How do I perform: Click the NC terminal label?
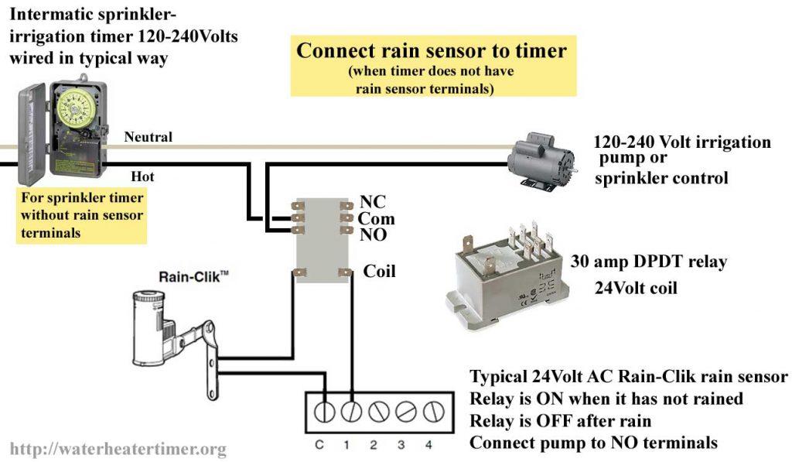[x=373, y=204]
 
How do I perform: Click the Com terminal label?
[x=376, y=220]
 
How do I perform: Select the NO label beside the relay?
[x=373, y=235]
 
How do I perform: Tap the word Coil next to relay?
[x=379, y=271]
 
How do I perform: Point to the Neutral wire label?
[x=148, y=137]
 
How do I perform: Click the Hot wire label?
[x=143, y=176]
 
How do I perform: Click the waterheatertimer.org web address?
[x=118, y=448]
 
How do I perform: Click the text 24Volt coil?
[x=635, y=288]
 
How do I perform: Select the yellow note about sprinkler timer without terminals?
[x=81, y=215]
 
